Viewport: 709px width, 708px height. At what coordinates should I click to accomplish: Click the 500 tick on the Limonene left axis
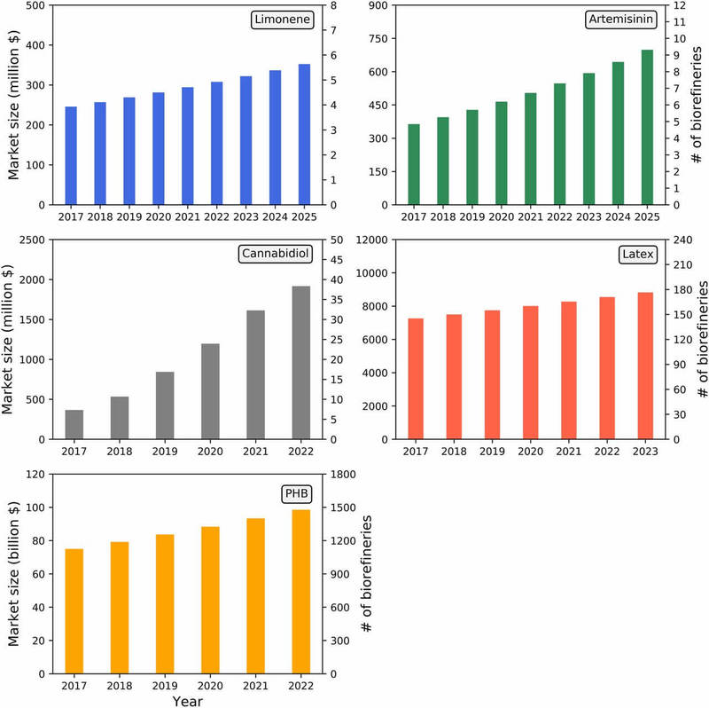(35, 5)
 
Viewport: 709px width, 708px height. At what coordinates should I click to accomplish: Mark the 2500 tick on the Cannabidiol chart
(32, 240)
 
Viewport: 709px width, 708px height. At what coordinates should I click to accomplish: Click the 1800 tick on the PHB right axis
(340, 475)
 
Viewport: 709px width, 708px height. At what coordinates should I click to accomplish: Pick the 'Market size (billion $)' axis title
(13, 574)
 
